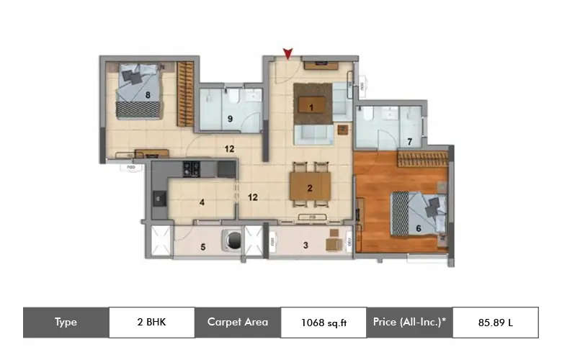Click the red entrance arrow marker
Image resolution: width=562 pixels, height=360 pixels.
coord(288,53)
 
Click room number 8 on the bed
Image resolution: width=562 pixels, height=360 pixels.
coord(148,94)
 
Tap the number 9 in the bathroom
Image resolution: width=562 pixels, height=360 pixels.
coord(230,120)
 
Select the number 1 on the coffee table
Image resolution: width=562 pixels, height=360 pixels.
coord(311,108)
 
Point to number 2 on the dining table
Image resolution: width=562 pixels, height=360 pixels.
coord(309,189)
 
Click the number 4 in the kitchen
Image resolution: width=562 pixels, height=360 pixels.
coord(202,202)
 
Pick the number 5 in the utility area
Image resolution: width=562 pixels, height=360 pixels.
coord(202,248)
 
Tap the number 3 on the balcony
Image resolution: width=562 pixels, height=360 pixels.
coord(305,246)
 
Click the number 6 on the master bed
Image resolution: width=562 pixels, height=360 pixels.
coord(418,228)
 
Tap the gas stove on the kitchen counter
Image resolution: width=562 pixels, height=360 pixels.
coord(191,169)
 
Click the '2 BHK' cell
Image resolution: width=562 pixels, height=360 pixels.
coord(151,322)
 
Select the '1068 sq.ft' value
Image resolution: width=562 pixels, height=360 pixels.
coord(323,323)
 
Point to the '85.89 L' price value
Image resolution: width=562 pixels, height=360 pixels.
coord(495,323)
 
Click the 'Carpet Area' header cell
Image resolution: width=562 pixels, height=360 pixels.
coord(237,322)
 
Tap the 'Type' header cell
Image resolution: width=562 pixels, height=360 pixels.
coord(66,322)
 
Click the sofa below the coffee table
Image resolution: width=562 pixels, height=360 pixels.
coord(313,135)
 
